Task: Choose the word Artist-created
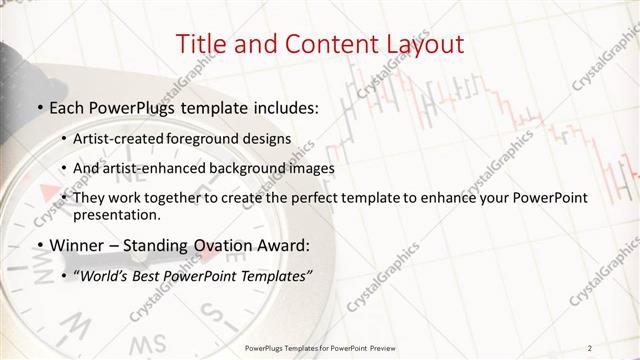(x=125, y=138)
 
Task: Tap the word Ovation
(x=208, y=245)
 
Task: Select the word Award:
(x=275, y=245)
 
